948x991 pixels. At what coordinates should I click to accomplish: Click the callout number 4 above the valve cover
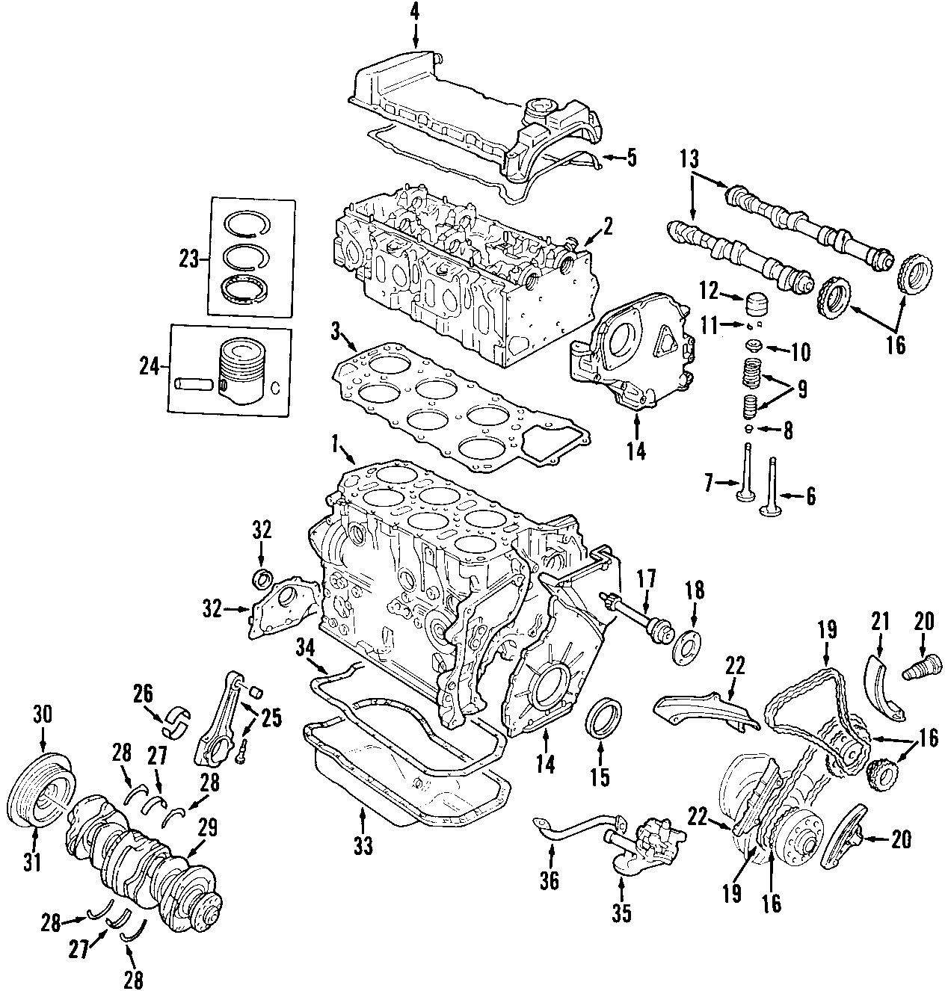click(415, 11)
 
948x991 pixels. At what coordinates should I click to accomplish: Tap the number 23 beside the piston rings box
click(190, 260)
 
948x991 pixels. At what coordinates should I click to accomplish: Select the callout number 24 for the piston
click(150, 367)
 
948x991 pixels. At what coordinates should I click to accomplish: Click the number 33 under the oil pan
click(363, 846)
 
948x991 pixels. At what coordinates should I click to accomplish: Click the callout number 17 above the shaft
click(646, 577)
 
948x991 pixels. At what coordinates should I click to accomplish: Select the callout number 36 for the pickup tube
click(550, 882)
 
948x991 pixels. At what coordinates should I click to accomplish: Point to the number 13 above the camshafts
click(690, 159)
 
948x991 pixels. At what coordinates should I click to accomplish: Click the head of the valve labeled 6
click(769, 512)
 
